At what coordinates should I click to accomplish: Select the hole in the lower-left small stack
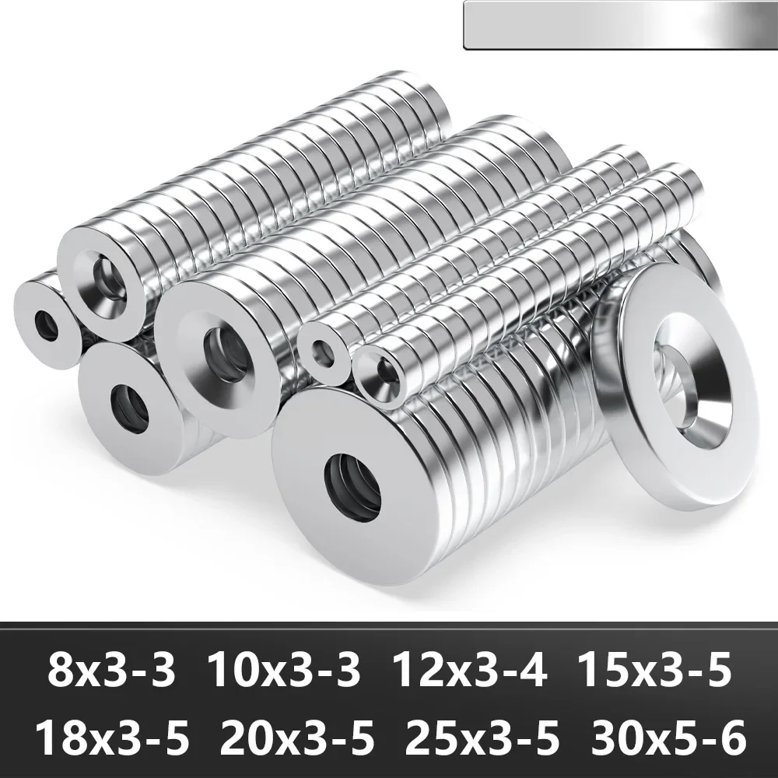(131, 407)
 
